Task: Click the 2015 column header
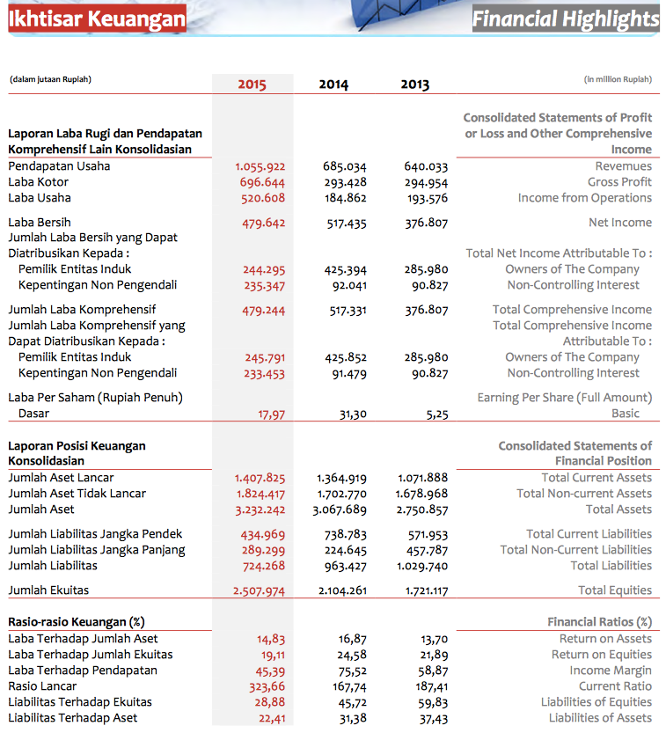coord(252,84)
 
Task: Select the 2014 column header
coord(333,84)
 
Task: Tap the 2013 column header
coord(415,84)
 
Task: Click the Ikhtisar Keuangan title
coord(97,18)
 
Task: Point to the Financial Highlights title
coord(566,19)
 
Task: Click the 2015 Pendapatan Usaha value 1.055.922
coord(260,166)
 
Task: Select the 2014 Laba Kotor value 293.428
coord(346,182)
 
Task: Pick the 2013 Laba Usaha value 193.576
coord(428,198)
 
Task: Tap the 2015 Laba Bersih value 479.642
coord(264,223)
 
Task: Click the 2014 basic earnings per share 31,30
coord(353,414)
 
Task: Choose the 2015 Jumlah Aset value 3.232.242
coord(260,510)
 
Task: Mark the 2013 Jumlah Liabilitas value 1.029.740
coord(422,566)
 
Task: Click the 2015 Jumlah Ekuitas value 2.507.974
coord(259,591)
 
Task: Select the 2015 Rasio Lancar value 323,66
coord(267,686)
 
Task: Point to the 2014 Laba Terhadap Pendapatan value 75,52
coord(353,671)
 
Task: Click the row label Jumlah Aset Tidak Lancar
coord(77,493)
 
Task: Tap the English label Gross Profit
coord(619,182)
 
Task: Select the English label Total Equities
coord(615,590)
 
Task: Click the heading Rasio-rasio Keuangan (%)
coord(77,622)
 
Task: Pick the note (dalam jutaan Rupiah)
coord(50,79)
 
